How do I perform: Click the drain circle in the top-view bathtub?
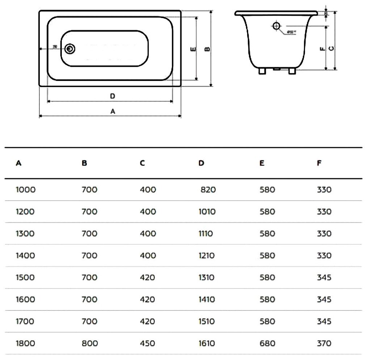(70, 48)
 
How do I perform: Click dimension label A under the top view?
(113, 112)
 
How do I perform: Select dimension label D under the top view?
(113, 96)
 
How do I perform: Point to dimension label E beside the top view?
(193, 49)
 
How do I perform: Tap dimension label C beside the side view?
(331, 48)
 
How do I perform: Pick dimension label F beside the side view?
(322, 48)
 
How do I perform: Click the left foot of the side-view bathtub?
(262, 71)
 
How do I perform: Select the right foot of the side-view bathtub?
(292, 71)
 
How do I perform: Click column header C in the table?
(142, 163)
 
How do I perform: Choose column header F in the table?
(319, 163)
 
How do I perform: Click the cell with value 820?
(208, 190)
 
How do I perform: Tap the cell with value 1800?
(25, 343)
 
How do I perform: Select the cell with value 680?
(267, 343)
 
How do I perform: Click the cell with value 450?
(148, 343)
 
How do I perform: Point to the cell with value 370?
(324, 343)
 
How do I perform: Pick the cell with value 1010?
(207, 212)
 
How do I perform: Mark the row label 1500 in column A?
(25, 278)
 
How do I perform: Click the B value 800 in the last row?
(90, 343)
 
